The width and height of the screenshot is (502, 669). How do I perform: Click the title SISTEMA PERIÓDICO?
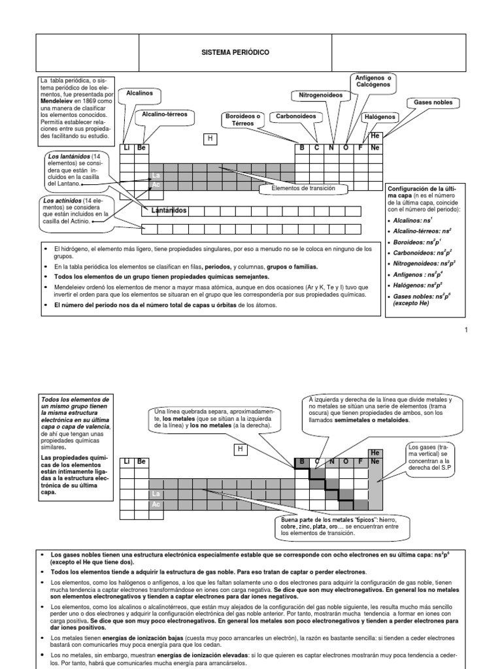(x=236, y=52)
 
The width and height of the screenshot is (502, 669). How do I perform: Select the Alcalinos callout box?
(x=139, y=93)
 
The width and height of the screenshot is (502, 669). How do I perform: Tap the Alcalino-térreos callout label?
(x=164, y=114)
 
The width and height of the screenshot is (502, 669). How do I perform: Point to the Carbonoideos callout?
(x=295, y=116)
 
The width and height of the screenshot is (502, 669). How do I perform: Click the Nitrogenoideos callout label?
(x=320, y=95)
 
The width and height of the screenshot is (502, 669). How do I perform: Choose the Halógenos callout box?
(x=380, y=116)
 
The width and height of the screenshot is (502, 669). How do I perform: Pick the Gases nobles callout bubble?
(x=433, y=103)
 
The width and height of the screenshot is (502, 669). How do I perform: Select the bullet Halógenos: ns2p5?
(x=415, y=286)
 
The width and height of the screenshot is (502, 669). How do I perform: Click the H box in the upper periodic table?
(x=210, y=139)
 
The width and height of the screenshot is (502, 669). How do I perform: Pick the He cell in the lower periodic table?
(x=375, y=453)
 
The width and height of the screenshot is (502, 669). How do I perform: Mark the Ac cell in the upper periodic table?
(x=156, y=185)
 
